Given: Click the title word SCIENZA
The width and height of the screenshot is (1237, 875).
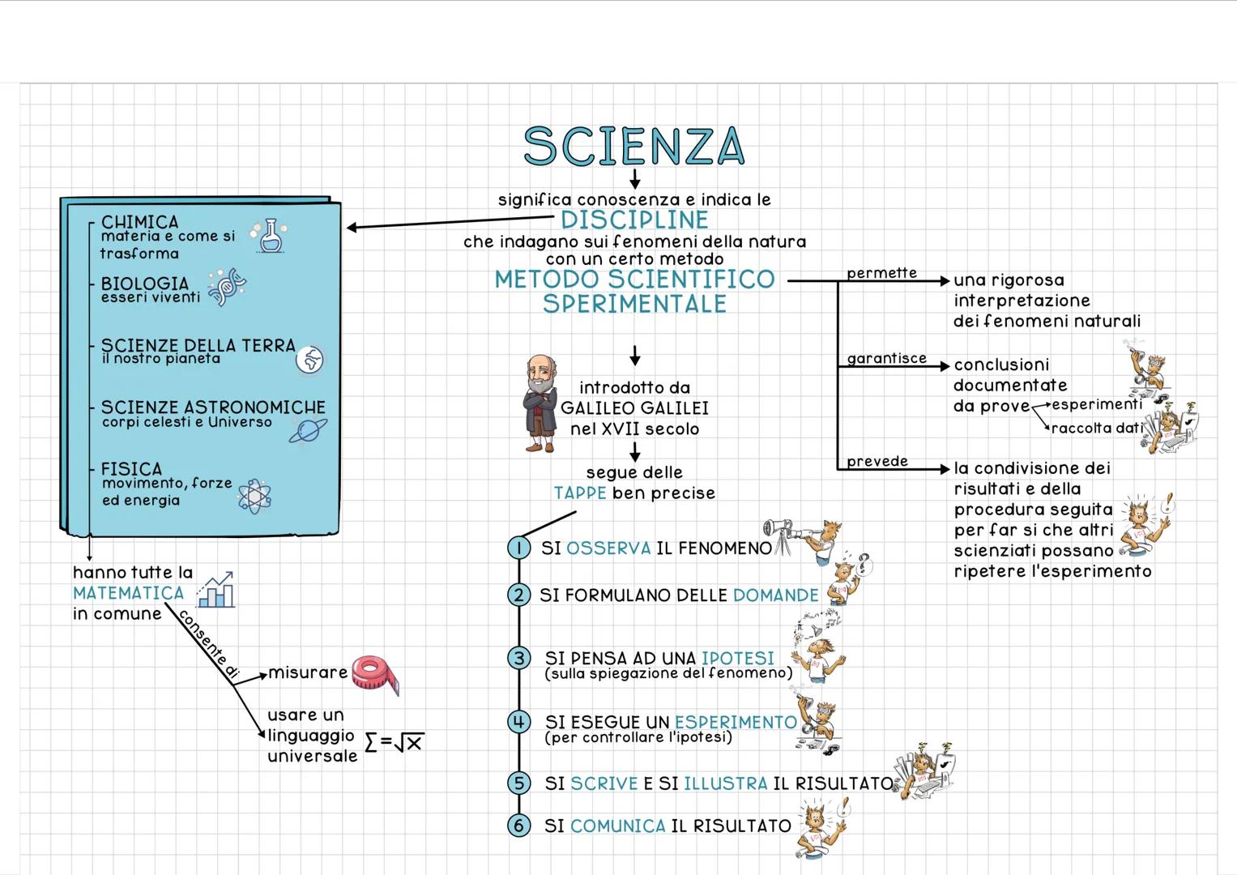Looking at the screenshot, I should coord(633,147).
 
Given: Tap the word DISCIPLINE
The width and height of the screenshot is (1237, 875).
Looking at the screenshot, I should coord(634,220).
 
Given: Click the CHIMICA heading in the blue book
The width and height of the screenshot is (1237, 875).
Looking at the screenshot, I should coord(139,222).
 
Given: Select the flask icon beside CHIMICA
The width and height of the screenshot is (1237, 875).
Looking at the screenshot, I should coord(269,236).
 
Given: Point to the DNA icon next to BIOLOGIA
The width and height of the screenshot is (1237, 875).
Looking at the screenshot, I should coord(227,287).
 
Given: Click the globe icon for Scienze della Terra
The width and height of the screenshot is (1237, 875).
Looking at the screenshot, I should coord(309,359).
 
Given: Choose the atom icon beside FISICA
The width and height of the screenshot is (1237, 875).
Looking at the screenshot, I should coord(254,496).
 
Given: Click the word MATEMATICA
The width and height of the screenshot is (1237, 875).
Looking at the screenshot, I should coord(129,593).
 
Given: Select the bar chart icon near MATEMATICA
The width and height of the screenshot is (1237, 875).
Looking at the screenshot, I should coord(217,590).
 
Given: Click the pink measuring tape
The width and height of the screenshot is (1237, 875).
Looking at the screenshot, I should coord(375,674).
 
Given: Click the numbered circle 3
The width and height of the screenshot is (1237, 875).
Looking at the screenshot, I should coord(518,658).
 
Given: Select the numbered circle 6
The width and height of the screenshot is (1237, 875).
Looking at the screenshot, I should coord(518,826).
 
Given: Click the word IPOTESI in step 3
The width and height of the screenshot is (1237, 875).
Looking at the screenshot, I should coord(738,658).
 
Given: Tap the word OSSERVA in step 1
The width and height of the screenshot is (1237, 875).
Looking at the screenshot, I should coord(608,548).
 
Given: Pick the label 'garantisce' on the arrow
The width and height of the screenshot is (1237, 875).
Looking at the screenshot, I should coord(886,358).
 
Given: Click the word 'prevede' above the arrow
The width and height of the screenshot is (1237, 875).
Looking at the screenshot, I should coord(877,461).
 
